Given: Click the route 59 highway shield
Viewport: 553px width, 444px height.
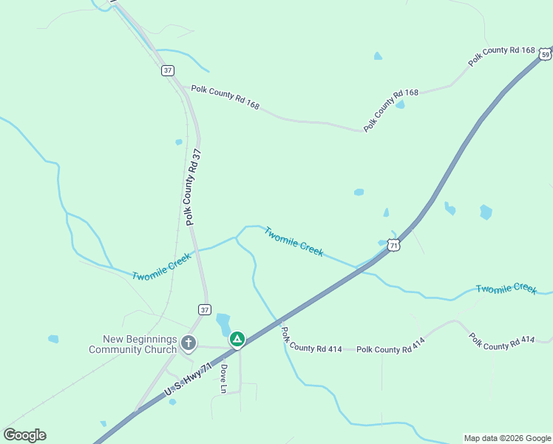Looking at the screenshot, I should [546, 54].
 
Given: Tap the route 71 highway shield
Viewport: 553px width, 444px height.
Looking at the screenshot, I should [395, 245].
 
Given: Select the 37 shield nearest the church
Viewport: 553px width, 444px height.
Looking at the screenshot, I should [205, 309].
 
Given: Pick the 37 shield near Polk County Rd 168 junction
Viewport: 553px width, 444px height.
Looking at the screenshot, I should [169, 70].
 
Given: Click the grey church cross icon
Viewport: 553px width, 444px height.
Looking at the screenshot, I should [189, 342].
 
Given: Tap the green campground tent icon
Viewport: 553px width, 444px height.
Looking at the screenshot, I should [237, 340].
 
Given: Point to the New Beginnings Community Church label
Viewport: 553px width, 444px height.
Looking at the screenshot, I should [133, 344].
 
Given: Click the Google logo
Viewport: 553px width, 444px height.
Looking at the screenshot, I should [24, 435].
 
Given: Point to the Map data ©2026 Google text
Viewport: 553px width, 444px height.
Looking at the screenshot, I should [508, 438].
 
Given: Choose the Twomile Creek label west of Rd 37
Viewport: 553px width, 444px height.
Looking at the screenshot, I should [162, 266].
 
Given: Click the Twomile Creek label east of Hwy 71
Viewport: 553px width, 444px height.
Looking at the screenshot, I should [506, 288].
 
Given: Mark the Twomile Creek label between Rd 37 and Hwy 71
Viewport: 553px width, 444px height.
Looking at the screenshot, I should [294, 241].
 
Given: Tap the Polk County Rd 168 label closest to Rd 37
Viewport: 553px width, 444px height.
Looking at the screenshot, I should [225, 97].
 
